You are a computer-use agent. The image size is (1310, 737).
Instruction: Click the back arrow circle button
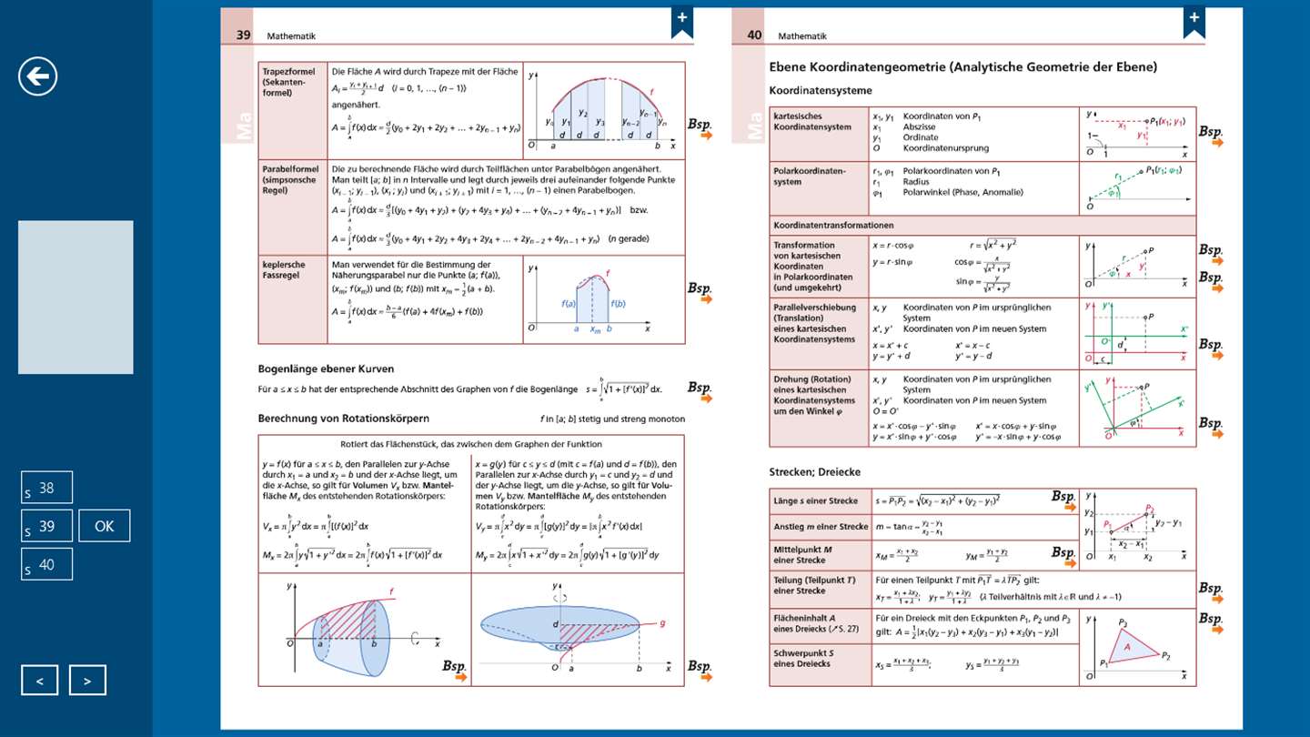pyautogui.click(x=38, y=76)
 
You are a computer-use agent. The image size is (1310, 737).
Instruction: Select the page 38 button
pyautogui.click(x=46, y=489)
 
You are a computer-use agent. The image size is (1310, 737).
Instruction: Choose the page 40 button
pyautogui.click(x=46, y=564)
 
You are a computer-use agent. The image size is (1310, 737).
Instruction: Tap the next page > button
pyautogui.click(x=87, y=680)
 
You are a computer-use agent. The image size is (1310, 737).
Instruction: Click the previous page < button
pyautogui.click(x=40, y=680)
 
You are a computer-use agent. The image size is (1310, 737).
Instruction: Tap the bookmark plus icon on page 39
pyautogui.click(x=682, y=22)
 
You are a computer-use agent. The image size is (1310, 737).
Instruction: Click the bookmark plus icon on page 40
pyautogui.click(x=1194, y=22)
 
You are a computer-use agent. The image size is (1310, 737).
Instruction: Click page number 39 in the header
pyautogui.click(x=244, y=35)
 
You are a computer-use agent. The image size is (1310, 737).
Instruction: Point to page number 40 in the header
pyautogui.click(x=754, y=35)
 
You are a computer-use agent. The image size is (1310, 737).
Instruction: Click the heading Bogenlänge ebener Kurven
pyautogui.click(x=326, y=368)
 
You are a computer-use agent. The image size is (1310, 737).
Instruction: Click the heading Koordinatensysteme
pyautogui.click(x=821, y=90)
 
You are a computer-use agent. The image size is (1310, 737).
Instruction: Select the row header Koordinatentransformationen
pyautogui.click(x=833, y=225)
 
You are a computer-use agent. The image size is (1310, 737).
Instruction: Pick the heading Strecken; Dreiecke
pyautogui.click(x=815, y=471)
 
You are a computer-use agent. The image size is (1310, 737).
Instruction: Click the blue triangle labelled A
pyautogui.click(x=1126, y=647)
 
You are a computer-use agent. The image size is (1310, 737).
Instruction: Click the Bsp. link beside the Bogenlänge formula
pyautogui.click(x=700, y=389)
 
